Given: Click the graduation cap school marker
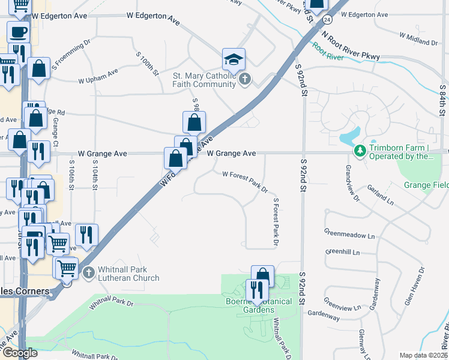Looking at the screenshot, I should (x=234, y=59).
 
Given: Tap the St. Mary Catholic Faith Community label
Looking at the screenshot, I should (x=204, y=80).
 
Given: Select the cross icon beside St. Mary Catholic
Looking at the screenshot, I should (x=244, y=79).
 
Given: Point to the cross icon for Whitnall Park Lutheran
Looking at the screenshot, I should (x=89, y=274).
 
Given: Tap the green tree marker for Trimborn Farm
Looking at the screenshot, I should (x=360, y=150).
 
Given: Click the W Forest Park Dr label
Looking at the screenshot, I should (x=245, y=181).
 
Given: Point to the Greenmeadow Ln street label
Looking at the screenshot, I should (x=349, y=234).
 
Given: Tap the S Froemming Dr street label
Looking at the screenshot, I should (x=71, y=53).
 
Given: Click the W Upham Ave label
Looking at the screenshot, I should (x=98, y=77).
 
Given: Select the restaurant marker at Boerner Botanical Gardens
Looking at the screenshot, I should (x=256, y=290).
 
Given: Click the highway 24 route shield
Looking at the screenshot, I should (x=326, y=20).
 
